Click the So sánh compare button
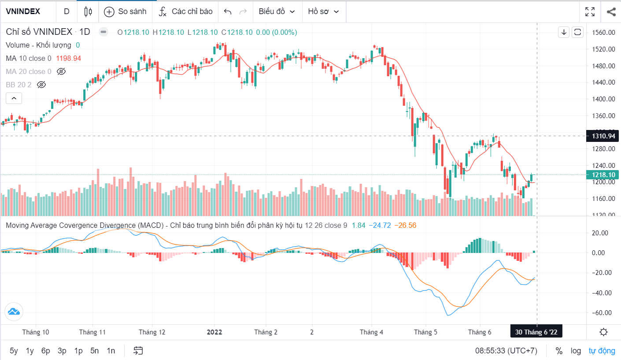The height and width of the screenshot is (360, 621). click(125, 11)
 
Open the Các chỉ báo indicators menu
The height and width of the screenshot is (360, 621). click(185, 11)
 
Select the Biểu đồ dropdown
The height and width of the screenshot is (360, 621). click(277, 11)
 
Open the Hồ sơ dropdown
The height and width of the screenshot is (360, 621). click(324, 11)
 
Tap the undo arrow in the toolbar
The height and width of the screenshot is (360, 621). click(228, 11)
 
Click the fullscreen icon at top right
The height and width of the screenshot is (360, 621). click(590, 11)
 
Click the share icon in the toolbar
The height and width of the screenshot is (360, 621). click(611, 11)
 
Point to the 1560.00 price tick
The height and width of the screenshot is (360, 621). click(604, 33)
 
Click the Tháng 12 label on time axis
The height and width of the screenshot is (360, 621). click(152, 332)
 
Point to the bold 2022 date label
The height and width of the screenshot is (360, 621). click(215, 332)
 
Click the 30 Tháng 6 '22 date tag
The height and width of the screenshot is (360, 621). click(536, 332)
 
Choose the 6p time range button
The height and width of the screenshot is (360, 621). click(46, 351)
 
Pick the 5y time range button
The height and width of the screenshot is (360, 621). click(14, 351)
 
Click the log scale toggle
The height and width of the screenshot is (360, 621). click(576, 351)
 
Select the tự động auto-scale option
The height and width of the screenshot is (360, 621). click(602, 351)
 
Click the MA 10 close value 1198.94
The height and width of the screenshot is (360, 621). click(68, 58)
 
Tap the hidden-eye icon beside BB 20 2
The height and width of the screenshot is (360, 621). click(41, 84)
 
